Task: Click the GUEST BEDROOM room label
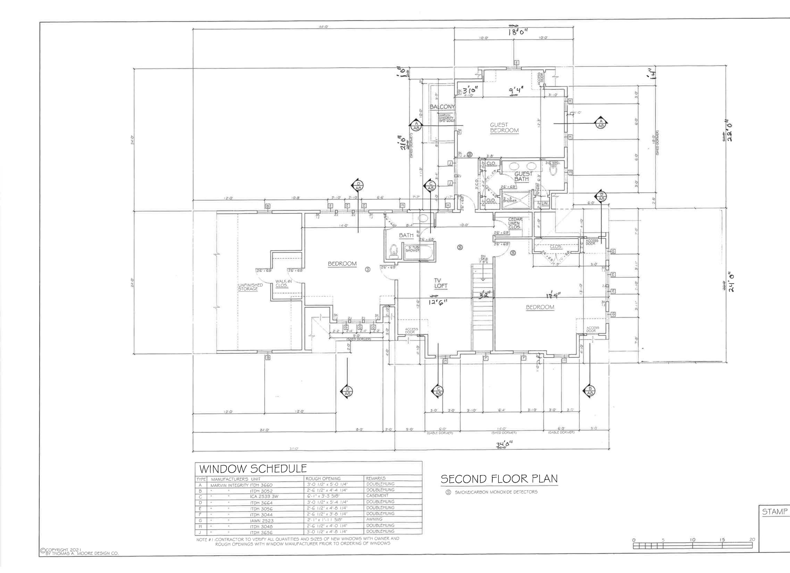click(x=504, y=128)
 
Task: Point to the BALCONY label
click(x=442, y=107)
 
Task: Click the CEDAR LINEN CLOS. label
click(x=514, y=223)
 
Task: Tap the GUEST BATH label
click(x=523, y=176)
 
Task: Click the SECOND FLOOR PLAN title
click(x=499, y=479)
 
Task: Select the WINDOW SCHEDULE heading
click(x=253, y=468)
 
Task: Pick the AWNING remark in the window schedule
click(x=374, y=519)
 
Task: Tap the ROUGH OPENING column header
click(x=323, y=478)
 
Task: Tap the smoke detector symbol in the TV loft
click(x=460, y=247)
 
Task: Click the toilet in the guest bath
click(x=553, y=170)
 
